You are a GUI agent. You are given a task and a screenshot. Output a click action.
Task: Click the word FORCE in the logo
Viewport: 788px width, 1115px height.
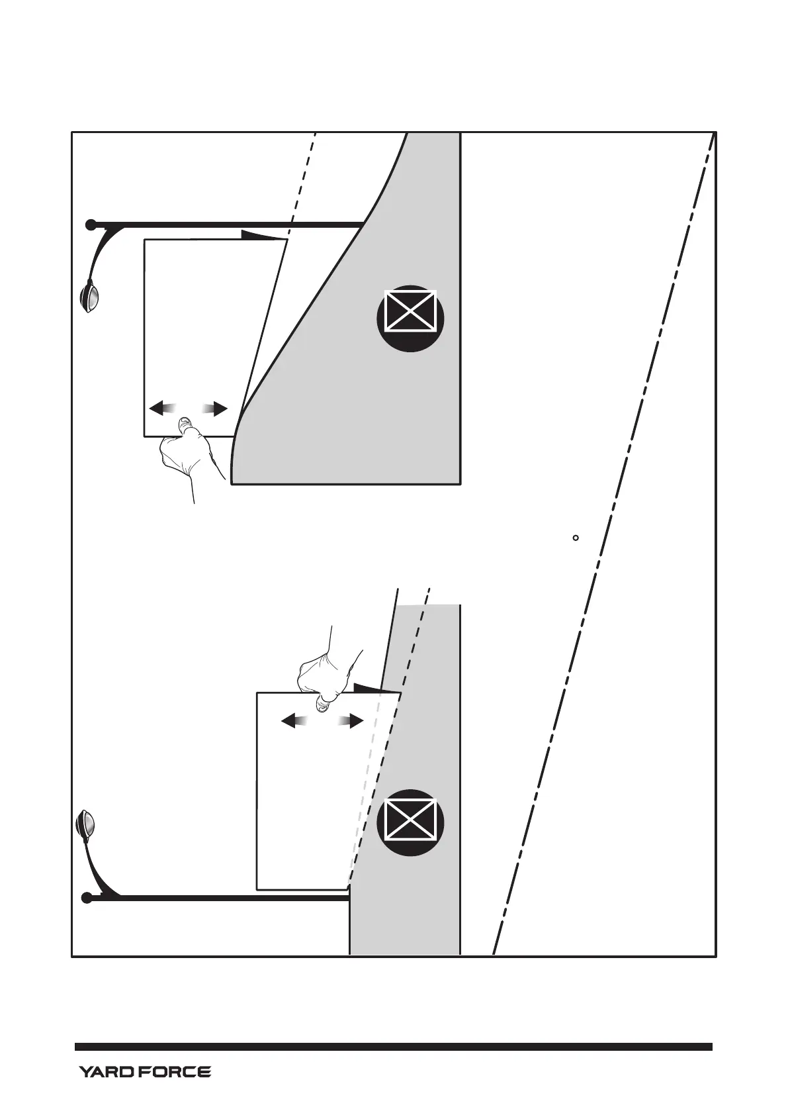(175, 1071)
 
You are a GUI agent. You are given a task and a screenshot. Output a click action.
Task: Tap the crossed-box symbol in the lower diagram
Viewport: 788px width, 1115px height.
(410, 822)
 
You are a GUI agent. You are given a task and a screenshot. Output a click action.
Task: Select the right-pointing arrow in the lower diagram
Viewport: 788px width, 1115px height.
(351, 720)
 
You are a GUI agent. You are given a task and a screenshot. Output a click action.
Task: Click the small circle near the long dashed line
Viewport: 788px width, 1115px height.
(576, 538)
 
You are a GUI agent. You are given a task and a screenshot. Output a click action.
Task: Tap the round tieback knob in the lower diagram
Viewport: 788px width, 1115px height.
(86, 825)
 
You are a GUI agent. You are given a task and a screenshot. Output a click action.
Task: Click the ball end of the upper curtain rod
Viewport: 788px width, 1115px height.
(91, 225)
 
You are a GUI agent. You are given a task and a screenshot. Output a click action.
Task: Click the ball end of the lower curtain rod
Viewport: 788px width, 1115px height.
(87, 898)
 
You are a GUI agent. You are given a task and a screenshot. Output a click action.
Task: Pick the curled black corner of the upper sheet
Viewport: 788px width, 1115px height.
(262, 236)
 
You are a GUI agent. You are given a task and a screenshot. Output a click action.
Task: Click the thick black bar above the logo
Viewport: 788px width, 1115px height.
(394, 1047)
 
